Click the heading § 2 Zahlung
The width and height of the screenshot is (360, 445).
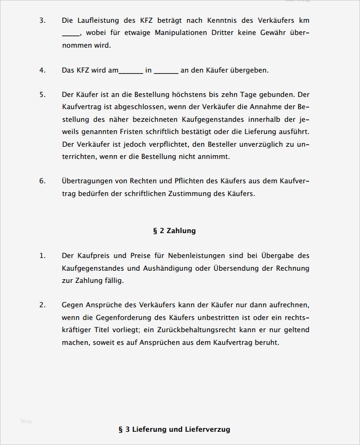tap(174, 231)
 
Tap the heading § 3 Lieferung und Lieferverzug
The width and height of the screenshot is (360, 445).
tap(174, 429)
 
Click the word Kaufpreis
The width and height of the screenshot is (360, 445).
tap(96, 256)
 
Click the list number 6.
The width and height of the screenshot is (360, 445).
tap(42, 181)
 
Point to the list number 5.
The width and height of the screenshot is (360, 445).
tap(42, 95)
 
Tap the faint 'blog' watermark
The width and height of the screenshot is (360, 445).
tap(26, 421)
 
